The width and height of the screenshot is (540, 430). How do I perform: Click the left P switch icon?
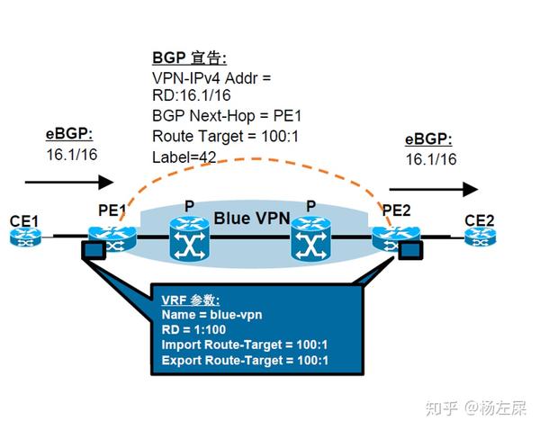189,239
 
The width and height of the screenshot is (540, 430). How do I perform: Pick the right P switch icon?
310,239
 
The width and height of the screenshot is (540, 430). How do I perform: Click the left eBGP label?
69,135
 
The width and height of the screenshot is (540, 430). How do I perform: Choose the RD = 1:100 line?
201,330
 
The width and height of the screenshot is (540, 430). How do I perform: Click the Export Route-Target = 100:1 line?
245,361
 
